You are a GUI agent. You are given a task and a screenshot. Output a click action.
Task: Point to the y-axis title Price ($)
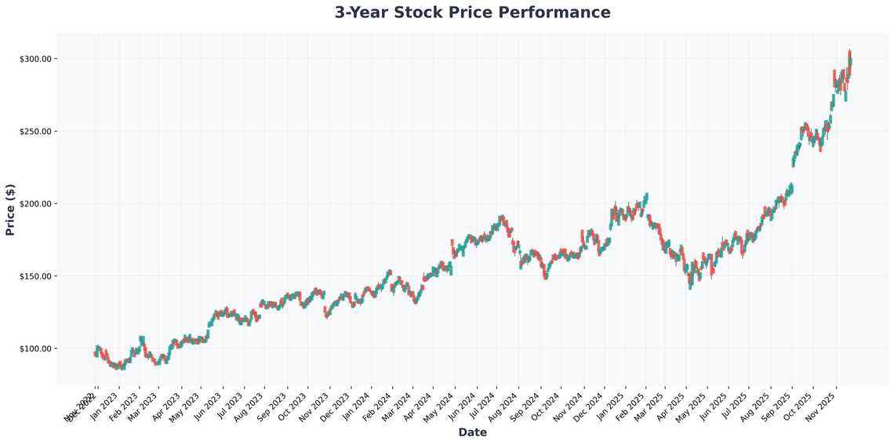pyautogui.click(x=10, y=209)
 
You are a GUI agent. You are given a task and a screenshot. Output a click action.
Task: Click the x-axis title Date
pyautogui.click(x=472, y=432)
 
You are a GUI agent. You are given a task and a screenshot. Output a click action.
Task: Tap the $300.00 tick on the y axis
pyautogui.click(x=35, y=59)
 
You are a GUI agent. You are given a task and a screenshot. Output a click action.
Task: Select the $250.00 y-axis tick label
pyautogui.click(x=35, y=131)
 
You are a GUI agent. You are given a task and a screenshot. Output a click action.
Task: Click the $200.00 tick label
pyautogui.click(x=35, y=204)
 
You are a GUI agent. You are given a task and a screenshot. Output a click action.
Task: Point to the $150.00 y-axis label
pyautogui.click(x=35, y=276)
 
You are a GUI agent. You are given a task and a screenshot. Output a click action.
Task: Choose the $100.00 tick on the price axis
pyautogui.click(x=35, y=348)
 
